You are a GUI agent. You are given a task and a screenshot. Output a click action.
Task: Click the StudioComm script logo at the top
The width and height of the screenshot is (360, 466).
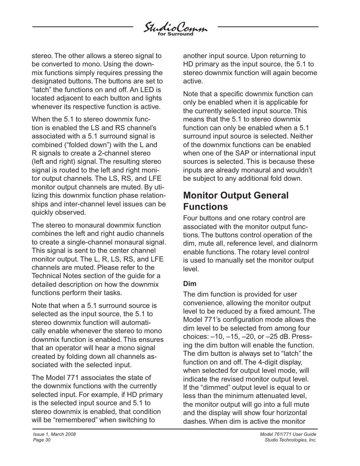175,28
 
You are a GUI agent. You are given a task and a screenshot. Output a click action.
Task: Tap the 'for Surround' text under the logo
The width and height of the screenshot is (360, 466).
175,34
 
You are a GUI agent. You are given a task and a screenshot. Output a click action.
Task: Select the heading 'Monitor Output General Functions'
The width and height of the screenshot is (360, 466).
235,201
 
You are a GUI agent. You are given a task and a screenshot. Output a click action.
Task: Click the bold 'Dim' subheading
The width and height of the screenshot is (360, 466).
189,283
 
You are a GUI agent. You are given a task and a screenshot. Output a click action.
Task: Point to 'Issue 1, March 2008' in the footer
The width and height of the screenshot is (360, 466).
54,434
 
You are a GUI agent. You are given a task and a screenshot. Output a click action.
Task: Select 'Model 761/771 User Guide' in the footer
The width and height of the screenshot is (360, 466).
288,434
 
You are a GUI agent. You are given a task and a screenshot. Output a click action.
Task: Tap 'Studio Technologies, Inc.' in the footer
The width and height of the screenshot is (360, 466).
291,440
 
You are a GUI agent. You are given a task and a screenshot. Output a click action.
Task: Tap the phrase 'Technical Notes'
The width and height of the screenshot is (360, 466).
55,276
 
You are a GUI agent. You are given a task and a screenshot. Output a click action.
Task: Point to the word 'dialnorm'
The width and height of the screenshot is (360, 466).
304,243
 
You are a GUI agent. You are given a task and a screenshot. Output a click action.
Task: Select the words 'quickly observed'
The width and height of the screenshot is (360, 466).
58,212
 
